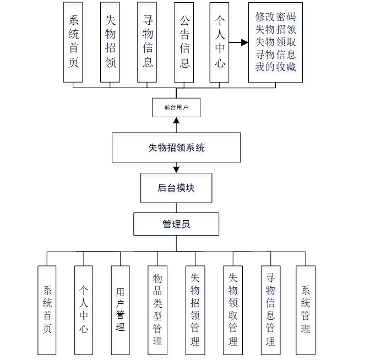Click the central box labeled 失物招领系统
[x=176, y=148]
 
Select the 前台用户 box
[x=176, y=107]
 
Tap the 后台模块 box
[x=176, y=188]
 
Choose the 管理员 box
[x=176, y=225]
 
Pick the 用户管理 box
[x=120, y=310]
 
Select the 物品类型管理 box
[x=157, y=310]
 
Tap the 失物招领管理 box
[x=195, y=310]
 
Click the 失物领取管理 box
[x=232, y=310]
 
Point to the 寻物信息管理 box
[x=270, y=310]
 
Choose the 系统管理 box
[x=306, y=310]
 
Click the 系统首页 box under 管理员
[x=47, y=310]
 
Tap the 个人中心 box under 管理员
[x=84, y=310]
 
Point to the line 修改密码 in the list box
[x=275, y=17]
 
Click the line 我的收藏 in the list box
[x=275, y=67]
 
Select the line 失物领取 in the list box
[x=275, y=42]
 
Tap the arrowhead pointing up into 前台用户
[x=176, y=120]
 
